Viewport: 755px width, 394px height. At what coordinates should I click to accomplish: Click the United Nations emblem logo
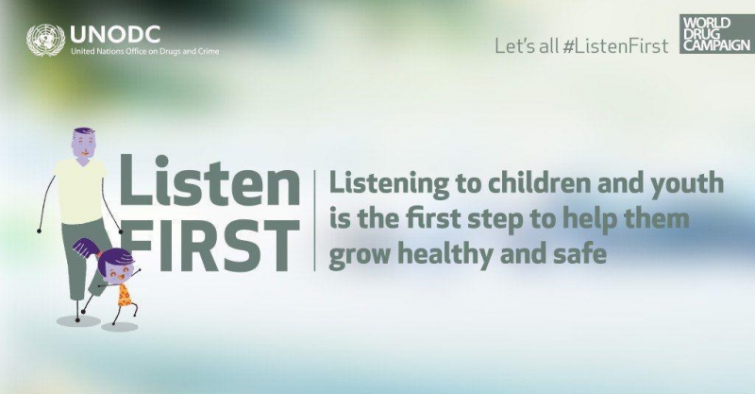[x=45, y=40]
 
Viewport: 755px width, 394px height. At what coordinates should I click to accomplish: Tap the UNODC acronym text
[x=115, y=34]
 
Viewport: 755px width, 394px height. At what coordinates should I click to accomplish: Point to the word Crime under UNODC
[x=209, y=51]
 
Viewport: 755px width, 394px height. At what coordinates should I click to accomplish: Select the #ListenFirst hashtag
[x=615, y=45]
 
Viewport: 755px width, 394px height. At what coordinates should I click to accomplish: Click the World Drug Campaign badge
[x=717, y=34]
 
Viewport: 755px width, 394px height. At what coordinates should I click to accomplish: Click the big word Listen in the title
[x=210, y=180]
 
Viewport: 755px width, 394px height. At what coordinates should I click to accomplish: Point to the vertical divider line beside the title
[x=315, y=220]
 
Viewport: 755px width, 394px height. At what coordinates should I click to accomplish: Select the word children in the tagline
[x=515, y=183]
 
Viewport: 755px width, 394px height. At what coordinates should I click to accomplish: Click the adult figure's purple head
[x=83, y=146]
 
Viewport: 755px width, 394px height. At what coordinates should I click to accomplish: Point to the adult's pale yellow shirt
[x=80, y=192]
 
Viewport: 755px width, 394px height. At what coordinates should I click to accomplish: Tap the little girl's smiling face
[x=116, y=270]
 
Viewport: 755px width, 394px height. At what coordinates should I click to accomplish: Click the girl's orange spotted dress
[x=125, y=295]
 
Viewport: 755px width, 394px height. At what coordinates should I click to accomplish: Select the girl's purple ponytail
[x=88, y=248]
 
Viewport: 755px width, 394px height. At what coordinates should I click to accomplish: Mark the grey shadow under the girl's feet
[x=120, y=327]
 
